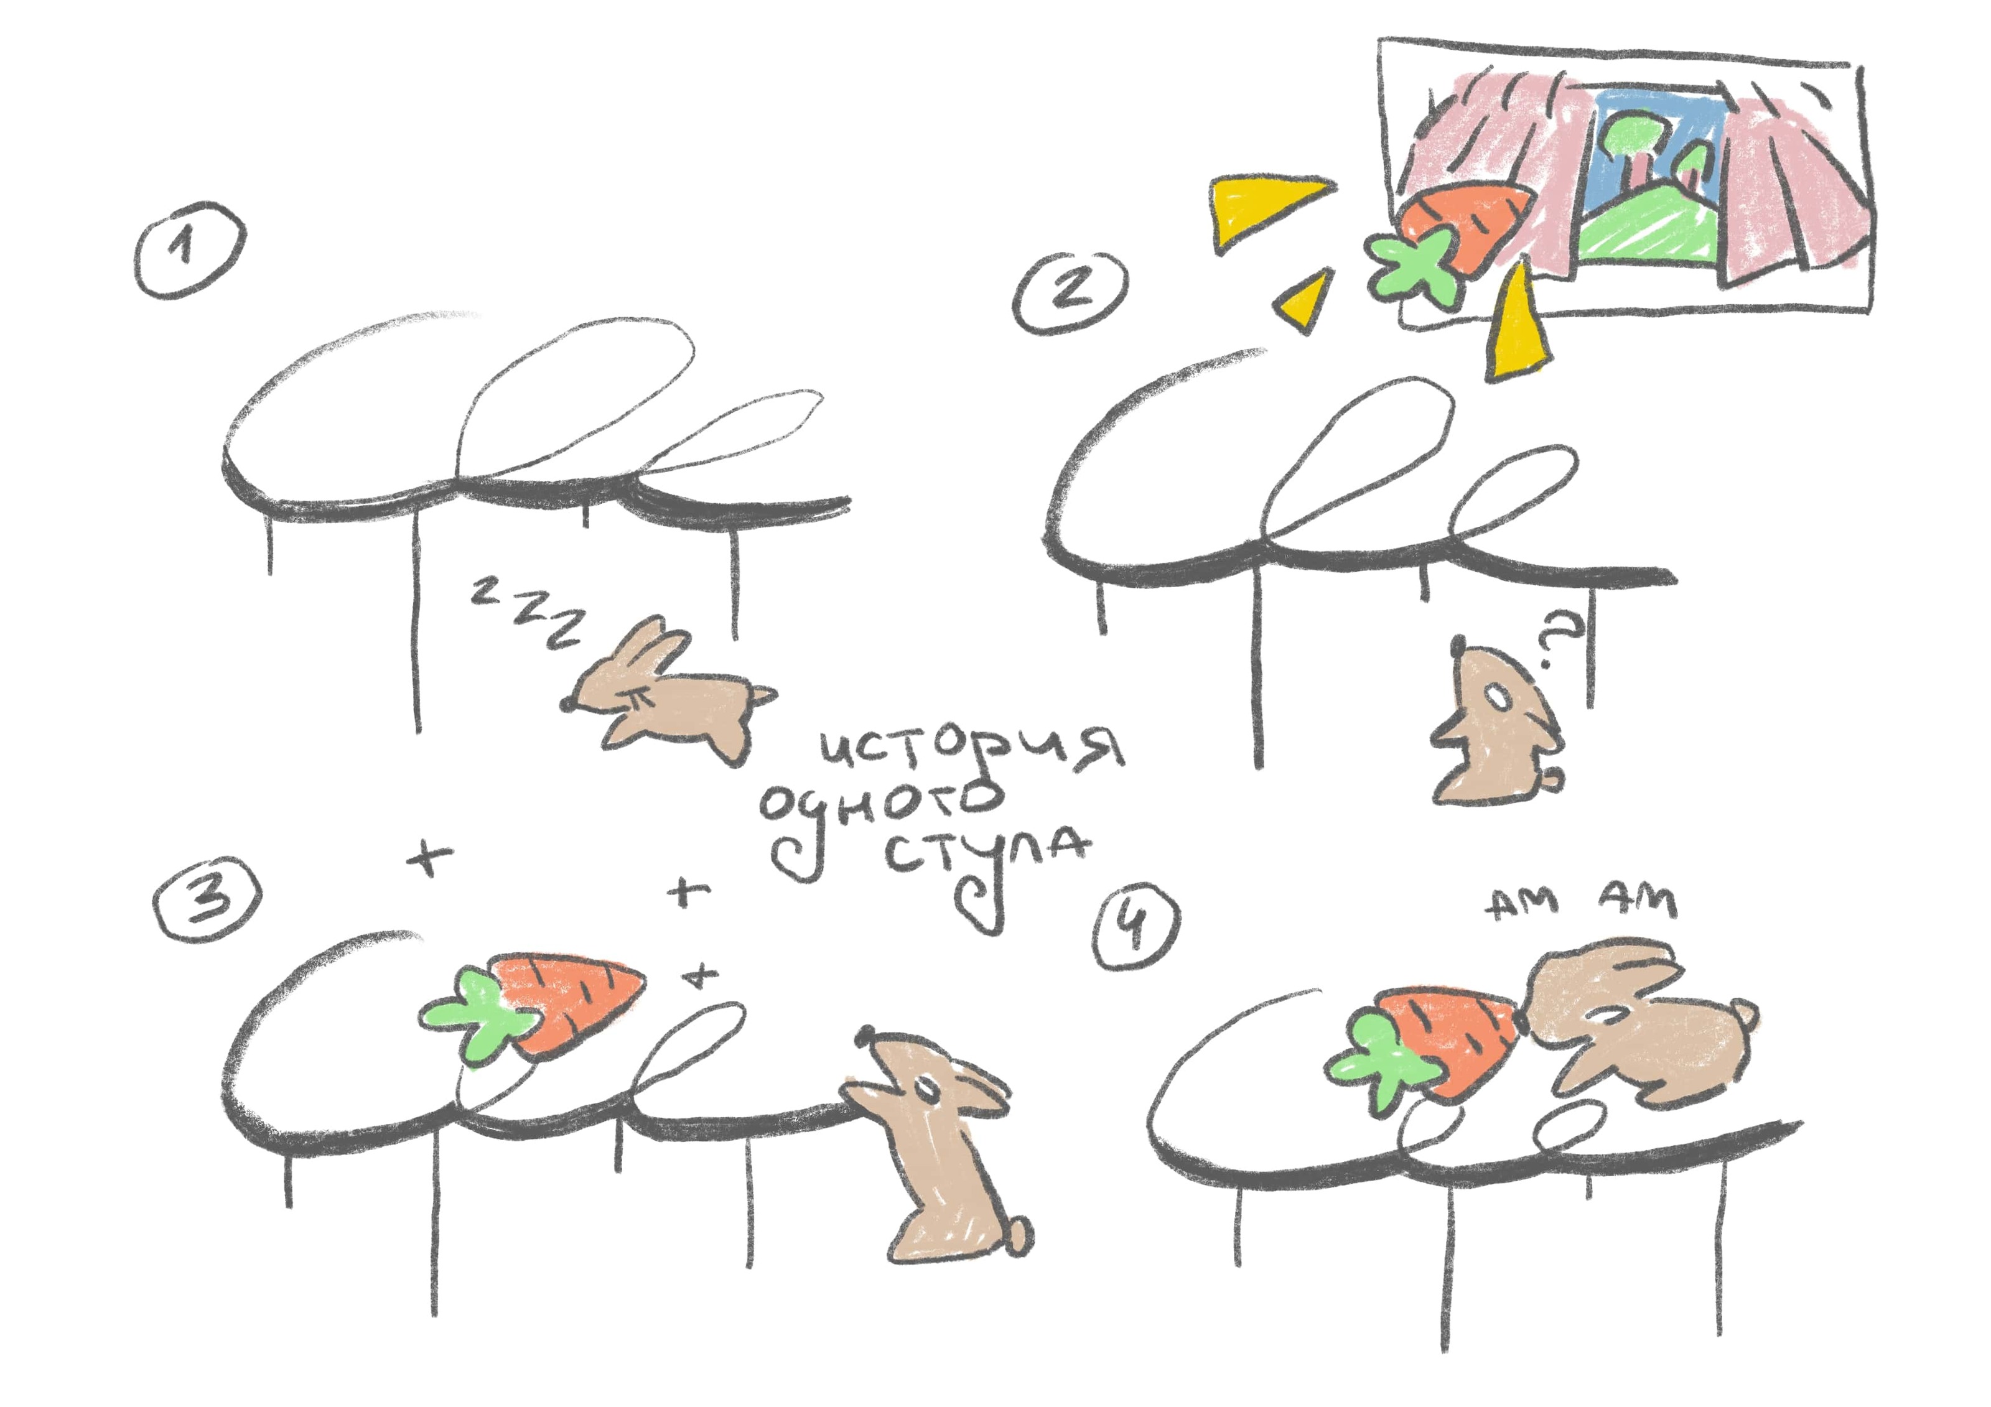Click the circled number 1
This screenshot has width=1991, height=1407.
(190, 249)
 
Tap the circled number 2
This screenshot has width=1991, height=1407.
(1072, 292)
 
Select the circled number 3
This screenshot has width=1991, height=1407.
(207, 901)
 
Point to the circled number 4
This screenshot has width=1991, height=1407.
(1136, 927)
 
